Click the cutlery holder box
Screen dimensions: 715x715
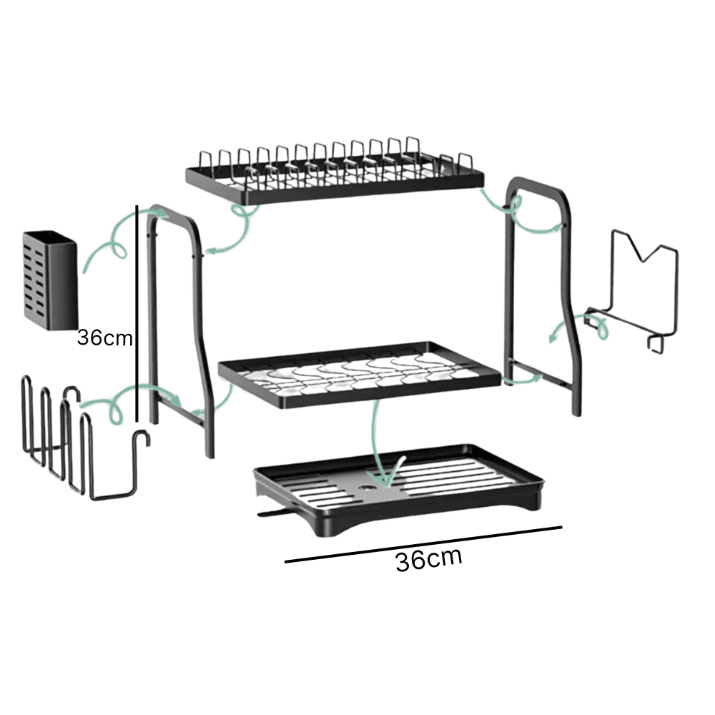[x=50, y=280]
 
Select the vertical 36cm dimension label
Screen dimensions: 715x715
[x=105, y=338]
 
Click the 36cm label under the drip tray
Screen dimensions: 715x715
[x=428, y=559]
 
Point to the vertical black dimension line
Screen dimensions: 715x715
[x=137, y=314]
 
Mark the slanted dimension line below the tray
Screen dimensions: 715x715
[x=423, y=544]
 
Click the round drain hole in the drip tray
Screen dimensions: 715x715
[x=368, y=489]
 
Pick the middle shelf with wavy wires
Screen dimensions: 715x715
[x=360, y=374]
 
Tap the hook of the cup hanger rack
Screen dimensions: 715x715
[x=142, y=437]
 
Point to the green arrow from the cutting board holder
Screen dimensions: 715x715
[x=579, y=323]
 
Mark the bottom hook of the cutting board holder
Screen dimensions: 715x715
[x=656, y=345]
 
